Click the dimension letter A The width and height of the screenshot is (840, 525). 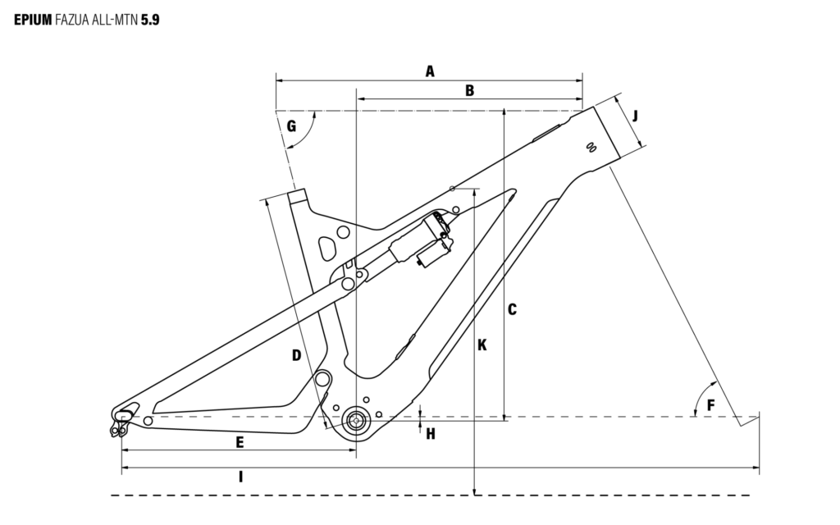click(429, 71)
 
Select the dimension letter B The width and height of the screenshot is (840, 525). click(469, 90)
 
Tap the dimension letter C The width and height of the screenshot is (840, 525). click(512, 309)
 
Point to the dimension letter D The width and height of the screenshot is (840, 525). click(296, 355)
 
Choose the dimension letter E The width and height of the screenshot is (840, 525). click(240, 442)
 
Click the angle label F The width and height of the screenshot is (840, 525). click(710, 404)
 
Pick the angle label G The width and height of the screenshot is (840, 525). click(291, 126)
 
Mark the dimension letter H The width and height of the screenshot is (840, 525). click(430, 433)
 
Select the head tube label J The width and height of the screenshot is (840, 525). click(635, 115)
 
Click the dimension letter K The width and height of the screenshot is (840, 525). click(482, 345)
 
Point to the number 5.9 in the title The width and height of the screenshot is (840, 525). click(150, 18)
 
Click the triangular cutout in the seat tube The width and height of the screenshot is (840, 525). click(328, 246)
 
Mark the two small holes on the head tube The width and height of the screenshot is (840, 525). click(589, 147)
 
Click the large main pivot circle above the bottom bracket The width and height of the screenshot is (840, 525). click(323, 380)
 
